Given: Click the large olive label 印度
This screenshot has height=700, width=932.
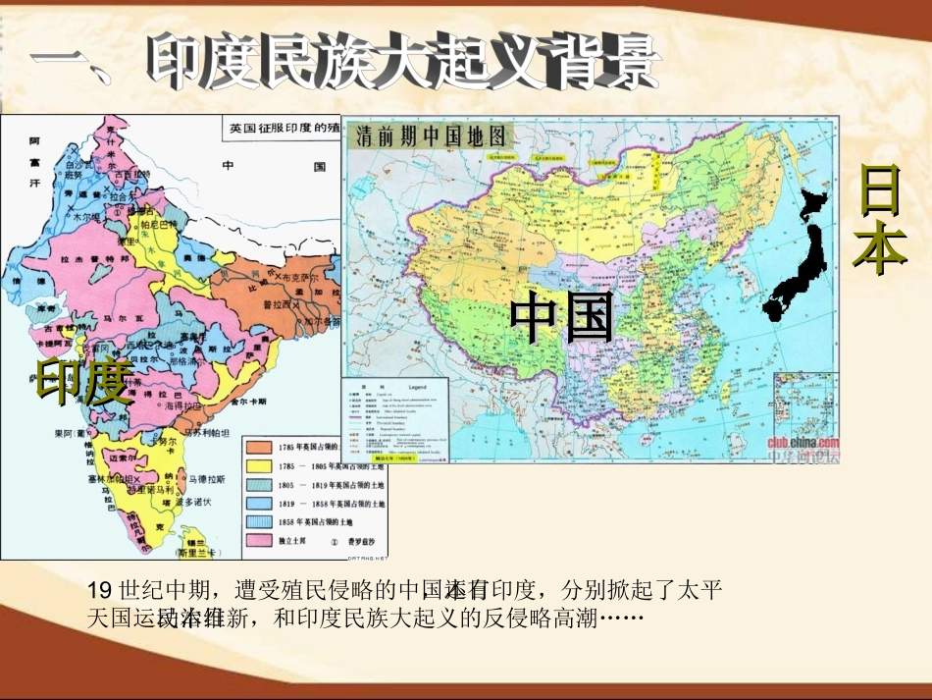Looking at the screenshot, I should click(x=84, y=383).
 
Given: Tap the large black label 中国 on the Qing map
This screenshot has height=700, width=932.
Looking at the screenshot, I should click(x=562, y=317).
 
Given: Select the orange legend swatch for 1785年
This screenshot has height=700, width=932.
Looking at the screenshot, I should click(x=258, y=447).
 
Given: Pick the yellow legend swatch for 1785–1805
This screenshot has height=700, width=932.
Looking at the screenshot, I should click(x=258, y=465).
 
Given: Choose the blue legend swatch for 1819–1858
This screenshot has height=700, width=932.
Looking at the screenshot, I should click(x=258, y=503).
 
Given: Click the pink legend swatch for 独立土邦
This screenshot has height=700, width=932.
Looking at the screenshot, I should click(x=258, y=540).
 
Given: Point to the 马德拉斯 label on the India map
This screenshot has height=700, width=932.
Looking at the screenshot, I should click(x=207, y=479).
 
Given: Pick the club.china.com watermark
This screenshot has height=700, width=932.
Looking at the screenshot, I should click(x=803, y=441).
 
